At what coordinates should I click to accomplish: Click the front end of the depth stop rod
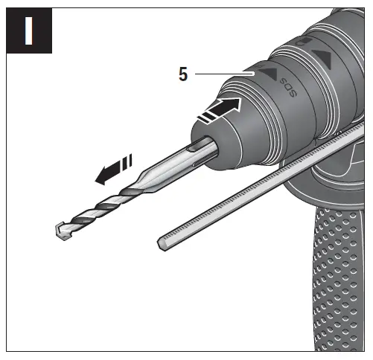tap(165, 240)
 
